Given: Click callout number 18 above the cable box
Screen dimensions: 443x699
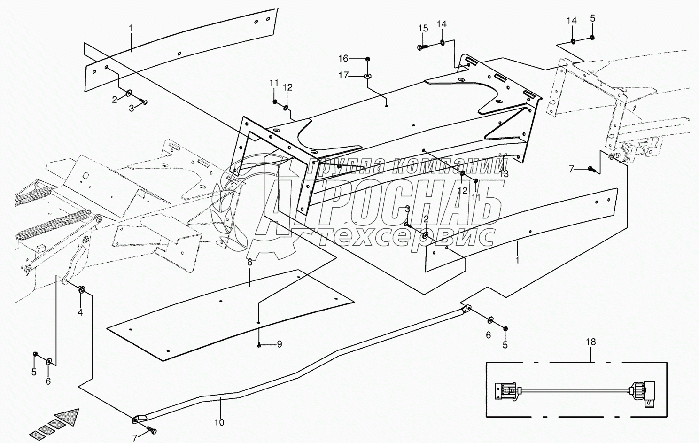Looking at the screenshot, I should pos(590,342).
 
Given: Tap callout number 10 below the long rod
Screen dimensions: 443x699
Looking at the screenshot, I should pos(219,422).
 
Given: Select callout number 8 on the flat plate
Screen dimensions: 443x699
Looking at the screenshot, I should pos(249,262).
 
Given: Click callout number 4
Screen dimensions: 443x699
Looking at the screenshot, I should pos(80,312).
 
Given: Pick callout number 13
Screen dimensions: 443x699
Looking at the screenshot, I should pos(504,173).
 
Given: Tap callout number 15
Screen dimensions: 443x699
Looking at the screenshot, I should pos(423,28).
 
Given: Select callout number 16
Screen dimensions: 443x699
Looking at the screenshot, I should pos(344,58).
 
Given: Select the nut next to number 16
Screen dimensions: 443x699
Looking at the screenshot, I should pos(367,58).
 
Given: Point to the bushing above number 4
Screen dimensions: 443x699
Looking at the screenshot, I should pos(81,289).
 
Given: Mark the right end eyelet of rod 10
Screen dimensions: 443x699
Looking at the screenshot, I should pos(466,309).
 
